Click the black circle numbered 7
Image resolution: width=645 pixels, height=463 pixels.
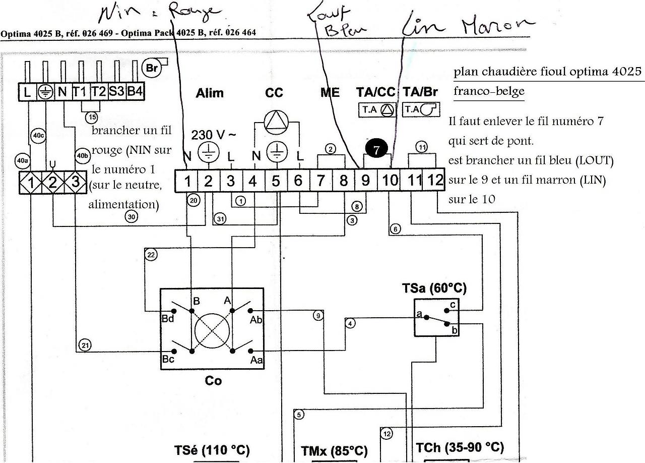377,150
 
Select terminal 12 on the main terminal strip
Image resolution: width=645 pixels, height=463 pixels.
435,180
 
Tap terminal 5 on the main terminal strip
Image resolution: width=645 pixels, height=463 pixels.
276,181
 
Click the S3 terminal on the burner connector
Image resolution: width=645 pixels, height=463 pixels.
116,92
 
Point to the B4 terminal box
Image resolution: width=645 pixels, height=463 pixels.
135,92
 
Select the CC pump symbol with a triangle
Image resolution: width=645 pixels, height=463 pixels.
275,120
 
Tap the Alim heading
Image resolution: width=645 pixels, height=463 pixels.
210,93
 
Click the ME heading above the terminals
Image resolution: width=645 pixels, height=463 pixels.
330,93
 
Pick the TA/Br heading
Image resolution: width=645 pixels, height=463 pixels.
420,93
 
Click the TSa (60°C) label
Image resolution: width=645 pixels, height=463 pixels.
434,288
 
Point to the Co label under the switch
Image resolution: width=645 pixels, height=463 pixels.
213,381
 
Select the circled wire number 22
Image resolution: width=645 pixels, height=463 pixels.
151,255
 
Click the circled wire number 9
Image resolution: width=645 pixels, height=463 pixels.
317,316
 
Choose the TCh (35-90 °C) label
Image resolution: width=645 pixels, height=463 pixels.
459,447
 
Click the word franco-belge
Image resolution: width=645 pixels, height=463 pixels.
488,92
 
